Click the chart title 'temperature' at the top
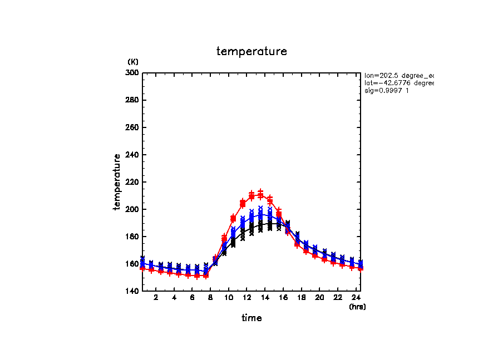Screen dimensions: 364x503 pyautogui.click(x=251, y=52)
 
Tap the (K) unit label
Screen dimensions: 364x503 pyautogui.click(x=133, y=61)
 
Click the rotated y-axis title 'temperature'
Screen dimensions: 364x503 pyautogui.click(x=117, y=182)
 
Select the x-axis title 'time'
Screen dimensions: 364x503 pyautogui.click(x=251, y=318)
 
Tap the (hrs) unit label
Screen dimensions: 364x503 pyautogui.click(x=357, y=307)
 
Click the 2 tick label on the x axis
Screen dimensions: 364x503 pyautogui.click(x=156, y=298)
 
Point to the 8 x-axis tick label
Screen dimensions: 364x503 pyautogui.click(x=210, y=298)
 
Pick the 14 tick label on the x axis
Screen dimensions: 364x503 pyautogui.click(x=265, y=298)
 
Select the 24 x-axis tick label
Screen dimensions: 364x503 pyautogui.click(x=356, y=298)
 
